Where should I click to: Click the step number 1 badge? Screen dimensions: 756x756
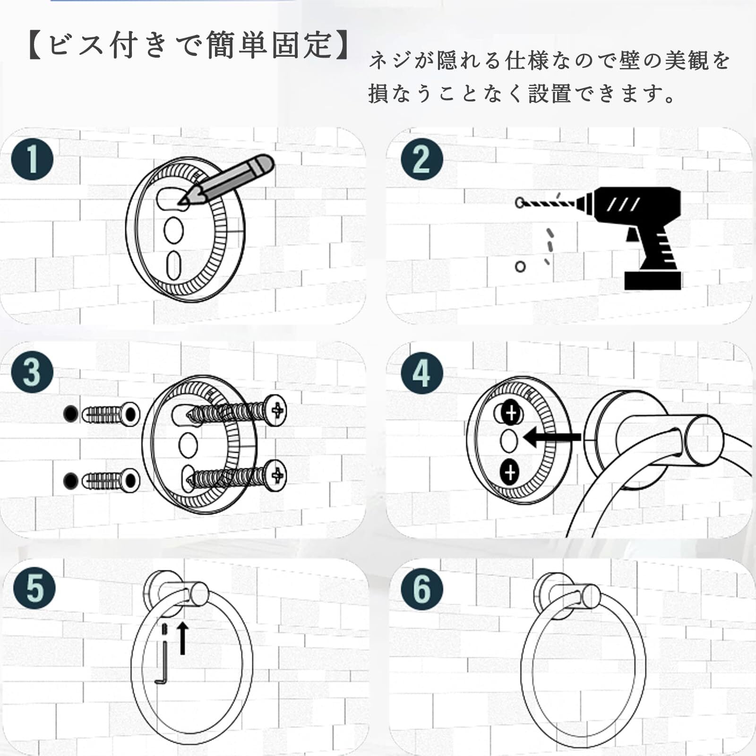(x=32, y=159)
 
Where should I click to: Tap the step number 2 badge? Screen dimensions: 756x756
(x=422, y=159)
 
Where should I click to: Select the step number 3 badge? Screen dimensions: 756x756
(x=32, y=372)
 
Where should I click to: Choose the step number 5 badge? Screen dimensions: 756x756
(x=34, y=588)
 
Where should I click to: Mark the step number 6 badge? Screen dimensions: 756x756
(x=422, y=589)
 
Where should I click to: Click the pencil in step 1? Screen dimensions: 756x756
(x=226, y=180)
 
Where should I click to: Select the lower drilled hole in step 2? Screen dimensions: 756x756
(x=520, y=266)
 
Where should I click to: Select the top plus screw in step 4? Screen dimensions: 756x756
(x=511, y=412)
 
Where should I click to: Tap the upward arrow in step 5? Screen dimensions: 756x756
(x=183, y=638)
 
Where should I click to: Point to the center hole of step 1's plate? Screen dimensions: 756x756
(x=173, y=231)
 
